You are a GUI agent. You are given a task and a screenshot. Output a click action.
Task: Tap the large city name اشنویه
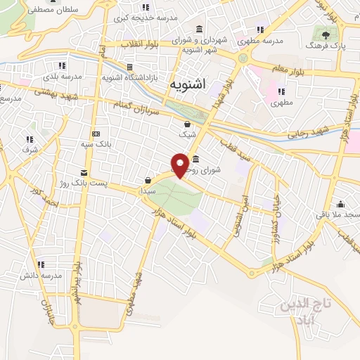pyautogui.click(x=188, y=84)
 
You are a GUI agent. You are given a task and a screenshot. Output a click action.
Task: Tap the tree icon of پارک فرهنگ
pyautogui.click(x=325, y=34)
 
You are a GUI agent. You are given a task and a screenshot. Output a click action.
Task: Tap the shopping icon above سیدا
pyautogui.click(x=147, y=180)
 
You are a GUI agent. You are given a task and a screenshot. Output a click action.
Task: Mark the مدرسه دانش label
pyautogui.click(x=38, y=274)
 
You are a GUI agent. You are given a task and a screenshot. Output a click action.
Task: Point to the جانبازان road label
pyautogui.click(x=43, y=309)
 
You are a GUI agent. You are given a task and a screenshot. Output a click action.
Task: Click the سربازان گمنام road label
pyautogui.click(x=145, y=108)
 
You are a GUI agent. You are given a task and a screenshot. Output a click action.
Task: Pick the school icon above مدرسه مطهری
pyautogui.click(x=260, y=30)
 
